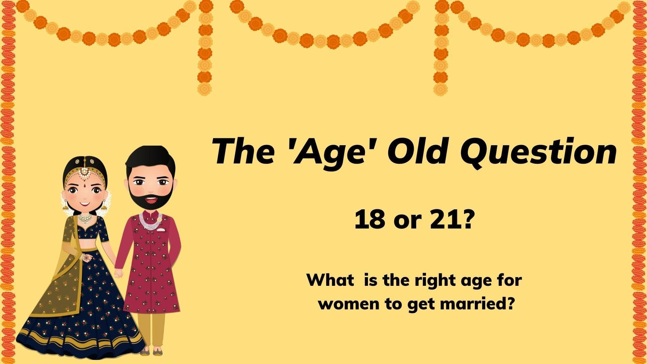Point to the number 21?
tap(446, 220)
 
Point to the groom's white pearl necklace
tap(151, 222)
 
